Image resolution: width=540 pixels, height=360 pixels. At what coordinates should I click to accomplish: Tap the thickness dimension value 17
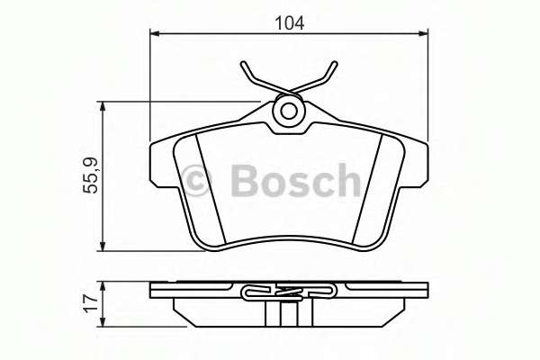[92, 303]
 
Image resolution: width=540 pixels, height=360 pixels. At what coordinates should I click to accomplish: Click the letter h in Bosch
[346, 179]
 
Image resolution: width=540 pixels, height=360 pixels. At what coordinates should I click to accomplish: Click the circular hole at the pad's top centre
[289, 112]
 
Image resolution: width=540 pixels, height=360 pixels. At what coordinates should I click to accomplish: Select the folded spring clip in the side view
[288, 292]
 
